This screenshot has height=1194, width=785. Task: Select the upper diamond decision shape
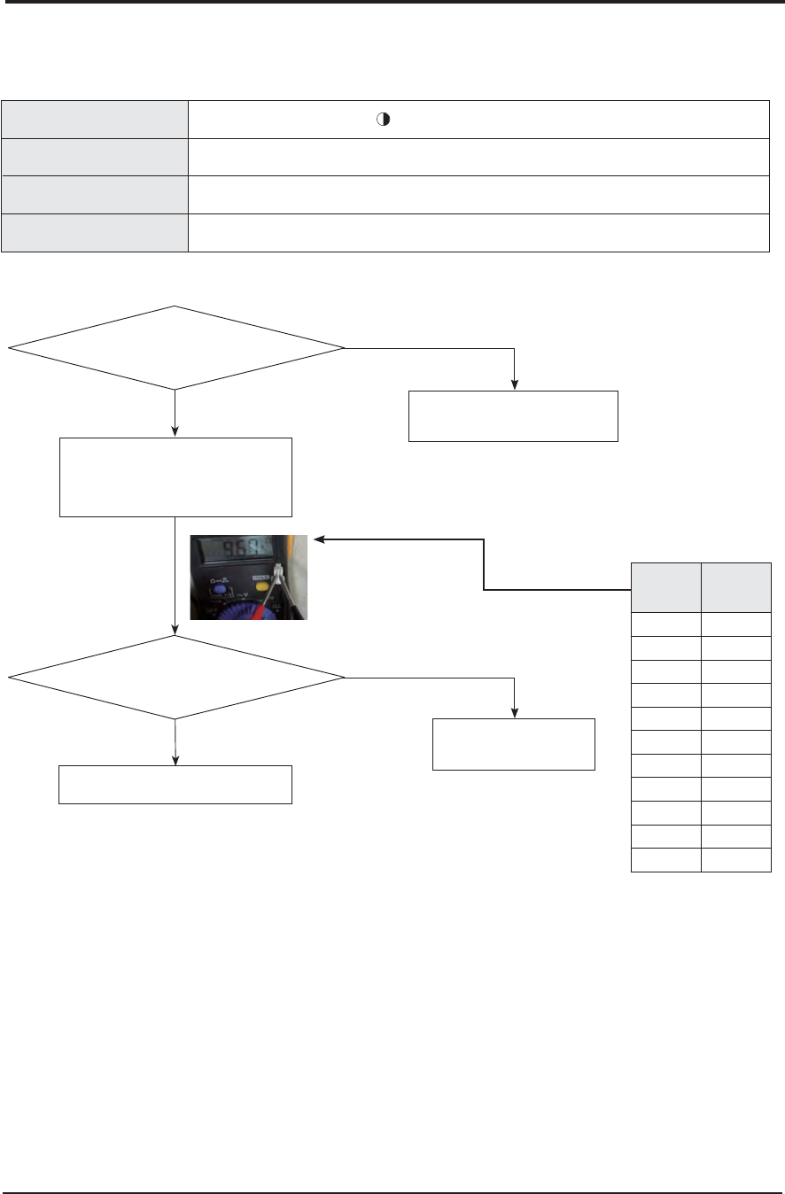click(x=176, y=348)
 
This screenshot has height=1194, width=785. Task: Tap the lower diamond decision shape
click(x=176, y=678)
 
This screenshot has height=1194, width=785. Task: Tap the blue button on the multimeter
click(x=219, y=590)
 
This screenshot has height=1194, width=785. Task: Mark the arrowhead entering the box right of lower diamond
click(x=515, y=715)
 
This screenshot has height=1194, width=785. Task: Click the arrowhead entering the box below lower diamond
click(x=176, y=760)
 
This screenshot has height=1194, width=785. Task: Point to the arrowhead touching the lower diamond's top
click(x=176, y=632)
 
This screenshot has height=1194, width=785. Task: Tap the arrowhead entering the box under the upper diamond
click(x=176, y=431)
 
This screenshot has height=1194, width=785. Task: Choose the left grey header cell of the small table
click(x=665, y=586)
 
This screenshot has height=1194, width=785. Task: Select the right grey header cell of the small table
click(x=735, y=586)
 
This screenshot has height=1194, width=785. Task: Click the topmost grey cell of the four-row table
click(x=96, y=119)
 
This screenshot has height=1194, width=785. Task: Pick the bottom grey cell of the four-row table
click(x=96, y=233)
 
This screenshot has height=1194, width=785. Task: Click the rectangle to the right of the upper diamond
click(x=512, y=415)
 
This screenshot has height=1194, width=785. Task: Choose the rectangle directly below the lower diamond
click(x=175, y=784)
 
